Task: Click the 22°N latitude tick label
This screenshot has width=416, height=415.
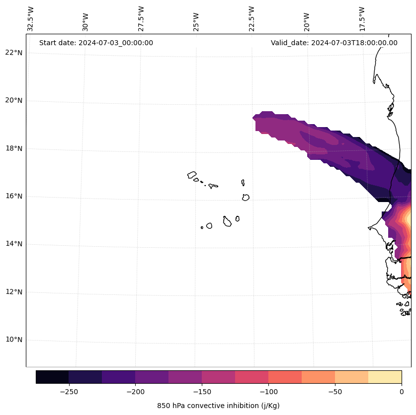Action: (14, 53)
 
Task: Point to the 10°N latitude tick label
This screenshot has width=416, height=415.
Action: (14, 340)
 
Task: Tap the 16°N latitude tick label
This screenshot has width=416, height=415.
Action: (14, 196)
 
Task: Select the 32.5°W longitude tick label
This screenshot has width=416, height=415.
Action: (31, 19)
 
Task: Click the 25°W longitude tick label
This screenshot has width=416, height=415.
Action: (196, 19)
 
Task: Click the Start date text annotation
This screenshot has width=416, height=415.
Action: (96, 43)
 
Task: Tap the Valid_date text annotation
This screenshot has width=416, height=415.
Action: (334, 43)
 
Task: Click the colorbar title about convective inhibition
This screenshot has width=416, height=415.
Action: (218, 406)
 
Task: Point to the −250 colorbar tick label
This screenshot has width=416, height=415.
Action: (69, 392)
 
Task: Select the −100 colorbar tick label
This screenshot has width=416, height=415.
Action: (268, 392)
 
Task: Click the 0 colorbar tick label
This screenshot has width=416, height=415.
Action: (402, 392)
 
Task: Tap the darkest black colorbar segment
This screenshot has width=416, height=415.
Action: (52, 377)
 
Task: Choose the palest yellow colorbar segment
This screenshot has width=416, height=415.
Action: (385, 377)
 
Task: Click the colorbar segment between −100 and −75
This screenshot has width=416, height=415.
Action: (285, 377)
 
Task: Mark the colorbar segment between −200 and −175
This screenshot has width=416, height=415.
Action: (152, 377)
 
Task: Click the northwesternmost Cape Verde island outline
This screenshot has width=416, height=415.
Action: (192, 175)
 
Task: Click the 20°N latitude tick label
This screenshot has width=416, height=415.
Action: (14, 100)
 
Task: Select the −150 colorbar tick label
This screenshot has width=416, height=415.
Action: (202, 392)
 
